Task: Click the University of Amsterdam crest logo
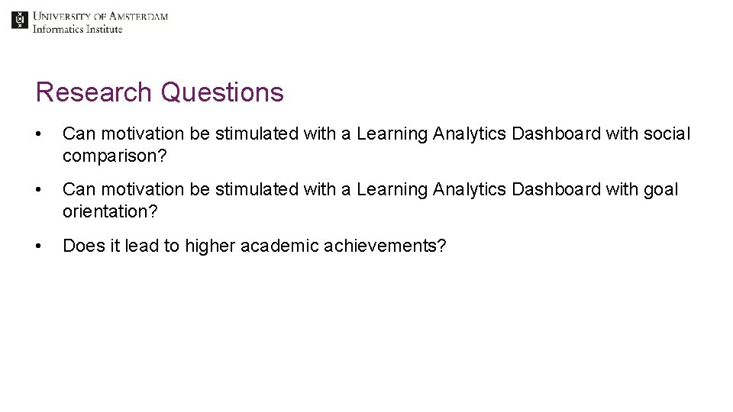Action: pyautogui.click(x=20, y=21)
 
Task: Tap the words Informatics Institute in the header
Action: pyautogui.click(x=77, y=29)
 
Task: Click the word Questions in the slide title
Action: pyautogui.click(x=222, y=92)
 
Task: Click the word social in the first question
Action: pyautogui.click(x=666, y=134)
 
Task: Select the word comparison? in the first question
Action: pyautogui.click(x=115, y=156)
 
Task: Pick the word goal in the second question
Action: pyautogui.click(x=660, y=189)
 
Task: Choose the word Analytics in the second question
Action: pyautogui.click(x=469, y=189)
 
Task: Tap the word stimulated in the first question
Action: pyautogui.click(x=257, y=134)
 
